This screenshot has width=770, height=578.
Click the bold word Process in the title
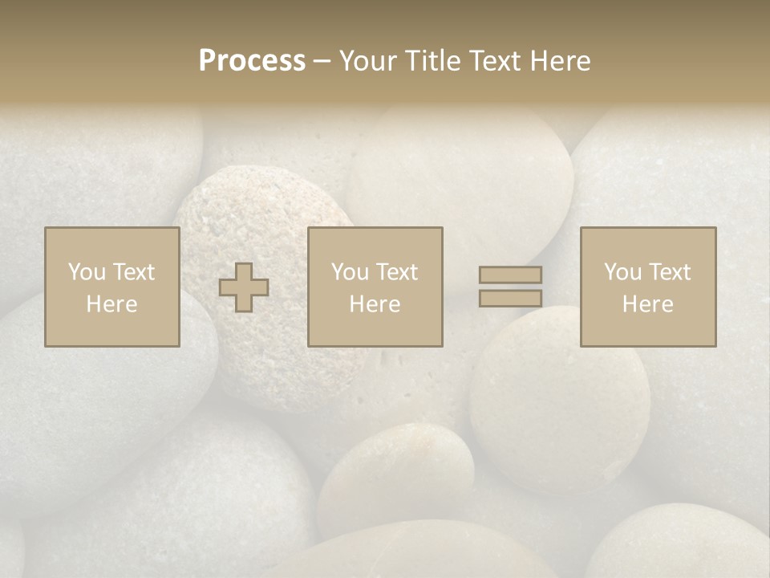(x=252, y=61)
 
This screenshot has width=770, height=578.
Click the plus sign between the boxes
(x=244, y=287)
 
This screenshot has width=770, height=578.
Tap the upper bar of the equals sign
(x=510, y=275)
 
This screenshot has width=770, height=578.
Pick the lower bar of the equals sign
(x=510, y=298)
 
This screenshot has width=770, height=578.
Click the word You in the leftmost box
(x=86, y=272)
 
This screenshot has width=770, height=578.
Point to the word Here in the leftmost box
(x=111, y=304)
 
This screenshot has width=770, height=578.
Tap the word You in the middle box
(x=349, y=272)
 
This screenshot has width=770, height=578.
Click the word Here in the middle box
(x=375, y=304)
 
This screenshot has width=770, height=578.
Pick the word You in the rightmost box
(x=622, y=272)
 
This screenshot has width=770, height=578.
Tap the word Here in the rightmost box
(x=647, y=304)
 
